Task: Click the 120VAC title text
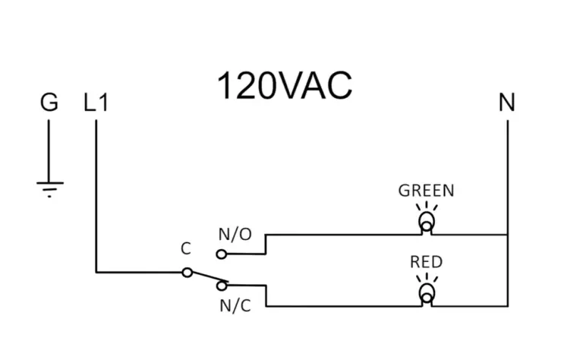tap(285, 87)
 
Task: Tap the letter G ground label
tap(49, 103)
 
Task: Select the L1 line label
tap(96, 103)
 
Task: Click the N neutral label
tap(506, 103)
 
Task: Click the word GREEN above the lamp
tap(426, 191)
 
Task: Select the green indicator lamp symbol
tap(427, 222)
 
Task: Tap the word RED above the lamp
tap(426, 262)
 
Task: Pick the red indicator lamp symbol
tap(427, 294)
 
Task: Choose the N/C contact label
tap(235, 306)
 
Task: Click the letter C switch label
tap(185, 249)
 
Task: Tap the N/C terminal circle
tap(222, 286)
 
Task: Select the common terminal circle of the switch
tap(187, 272)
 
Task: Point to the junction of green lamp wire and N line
tap(506, 235)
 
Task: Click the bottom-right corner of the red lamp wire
tap(506, 306)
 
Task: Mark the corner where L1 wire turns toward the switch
tap(96, 271)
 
